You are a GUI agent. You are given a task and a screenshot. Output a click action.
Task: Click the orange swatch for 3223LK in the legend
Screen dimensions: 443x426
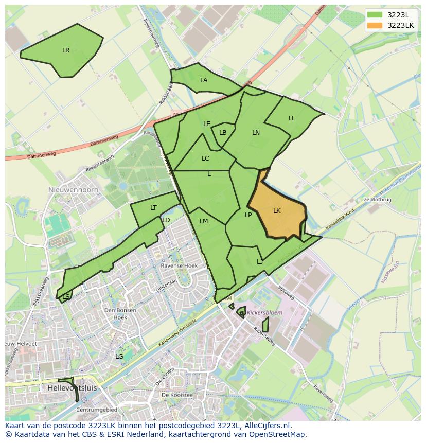pos(375,25)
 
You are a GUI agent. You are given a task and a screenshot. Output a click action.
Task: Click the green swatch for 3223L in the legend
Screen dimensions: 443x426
pos(375,15)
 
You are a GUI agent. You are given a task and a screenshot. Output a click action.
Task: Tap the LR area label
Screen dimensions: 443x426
pos(66,50)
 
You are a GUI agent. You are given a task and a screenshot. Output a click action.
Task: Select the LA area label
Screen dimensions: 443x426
pos(204,80)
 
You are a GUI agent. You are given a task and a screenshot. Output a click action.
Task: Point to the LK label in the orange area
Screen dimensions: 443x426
pos(277,211)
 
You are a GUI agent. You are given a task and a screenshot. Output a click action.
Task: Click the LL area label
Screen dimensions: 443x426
pos(292,118)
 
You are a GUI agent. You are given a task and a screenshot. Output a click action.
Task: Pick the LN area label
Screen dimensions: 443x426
pos(256,133)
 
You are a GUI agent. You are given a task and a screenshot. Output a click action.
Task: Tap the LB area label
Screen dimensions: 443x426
pos(223,133)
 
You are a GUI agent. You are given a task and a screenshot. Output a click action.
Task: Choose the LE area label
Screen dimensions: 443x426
pos(207,124)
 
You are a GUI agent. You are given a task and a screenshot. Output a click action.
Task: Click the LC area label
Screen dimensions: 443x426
pos(205,158)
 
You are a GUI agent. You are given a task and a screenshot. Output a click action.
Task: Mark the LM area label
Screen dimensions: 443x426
pos(204,221)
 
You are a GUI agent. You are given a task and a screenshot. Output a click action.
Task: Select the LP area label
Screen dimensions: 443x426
pos(248,215)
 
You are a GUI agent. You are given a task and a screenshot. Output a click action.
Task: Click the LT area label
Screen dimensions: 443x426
pos(153,208)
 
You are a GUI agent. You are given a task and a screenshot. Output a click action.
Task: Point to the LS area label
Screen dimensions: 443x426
pos(66,297)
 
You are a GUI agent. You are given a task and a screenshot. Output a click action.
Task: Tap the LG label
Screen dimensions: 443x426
pos(119,356)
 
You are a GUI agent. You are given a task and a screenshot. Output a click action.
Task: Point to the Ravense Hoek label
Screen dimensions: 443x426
pos(179,266)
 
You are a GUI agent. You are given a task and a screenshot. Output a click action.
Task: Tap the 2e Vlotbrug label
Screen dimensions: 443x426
pos(377,199)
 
